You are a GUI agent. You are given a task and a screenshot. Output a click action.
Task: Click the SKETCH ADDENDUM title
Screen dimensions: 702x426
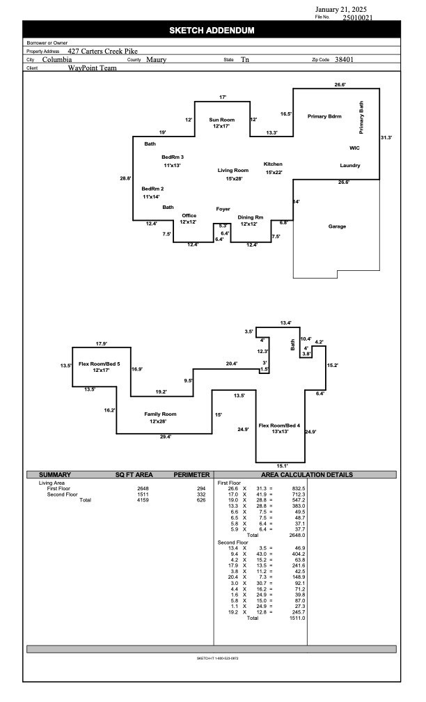pyautogui.click(x=212, y=31)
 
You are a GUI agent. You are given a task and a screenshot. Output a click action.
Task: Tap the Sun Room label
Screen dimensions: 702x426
pyautogui.click(x=222, y=120)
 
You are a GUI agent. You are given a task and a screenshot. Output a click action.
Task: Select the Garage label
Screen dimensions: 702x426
pyautogui.click(x=337, y=226)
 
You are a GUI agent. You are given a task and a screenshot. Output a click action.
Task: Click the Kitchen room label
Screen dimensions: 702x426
pyautogui.click(x=273, y=164)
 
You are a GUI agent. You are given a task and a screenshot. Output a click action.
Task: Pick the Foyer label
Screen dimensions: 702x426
pyautogui.click(x=223, y=209)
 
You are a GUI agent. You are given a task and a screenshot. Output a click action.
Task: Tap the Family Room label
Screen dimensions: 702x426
pyautogui.click(x=161, y=414)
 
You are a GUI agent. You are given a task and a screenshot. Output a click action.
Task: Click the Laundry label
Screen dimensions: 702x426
pyautogui.click(x=349, y=165)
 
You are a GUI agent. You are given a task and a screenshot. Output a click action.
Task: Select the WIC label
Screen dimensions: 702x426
pyautogui.click(x=354, y=148)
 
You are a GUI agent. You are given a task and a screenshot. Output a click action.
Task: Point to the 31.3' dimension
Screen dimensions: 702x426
pyautogui.click(x=386, y=138)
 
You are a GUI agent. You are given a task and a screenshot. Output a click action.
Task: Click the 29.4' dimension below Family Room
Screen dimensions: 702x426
pyautogui.click(x=166, y=437)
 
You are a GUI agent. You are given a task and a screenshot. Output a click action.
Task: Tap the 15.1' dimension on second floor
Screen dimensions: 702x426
pyautogui.click(x=283, y=465)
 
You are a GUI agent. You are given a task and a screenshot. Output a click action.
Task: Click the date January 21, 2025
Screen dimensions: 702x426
pyautogui.click(x=346, y=9)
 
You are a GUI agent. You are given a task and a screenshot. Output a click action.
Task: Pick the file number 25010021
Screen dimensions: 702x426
pyautogui.click(x=357, y=17)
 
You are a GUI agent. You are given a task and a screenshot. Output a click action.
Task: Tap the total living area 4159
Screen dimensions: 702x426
pyautogui.click(x=142, y=500)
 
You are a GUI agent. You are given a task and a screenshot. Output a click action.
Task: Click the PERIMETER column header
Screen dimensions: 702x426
pyautogui.click(x=191, y=474)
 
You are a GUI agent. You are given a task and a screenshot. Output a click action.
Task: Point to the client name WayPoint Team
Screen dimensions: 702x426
pyautogui.click(x=93, y=68)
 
